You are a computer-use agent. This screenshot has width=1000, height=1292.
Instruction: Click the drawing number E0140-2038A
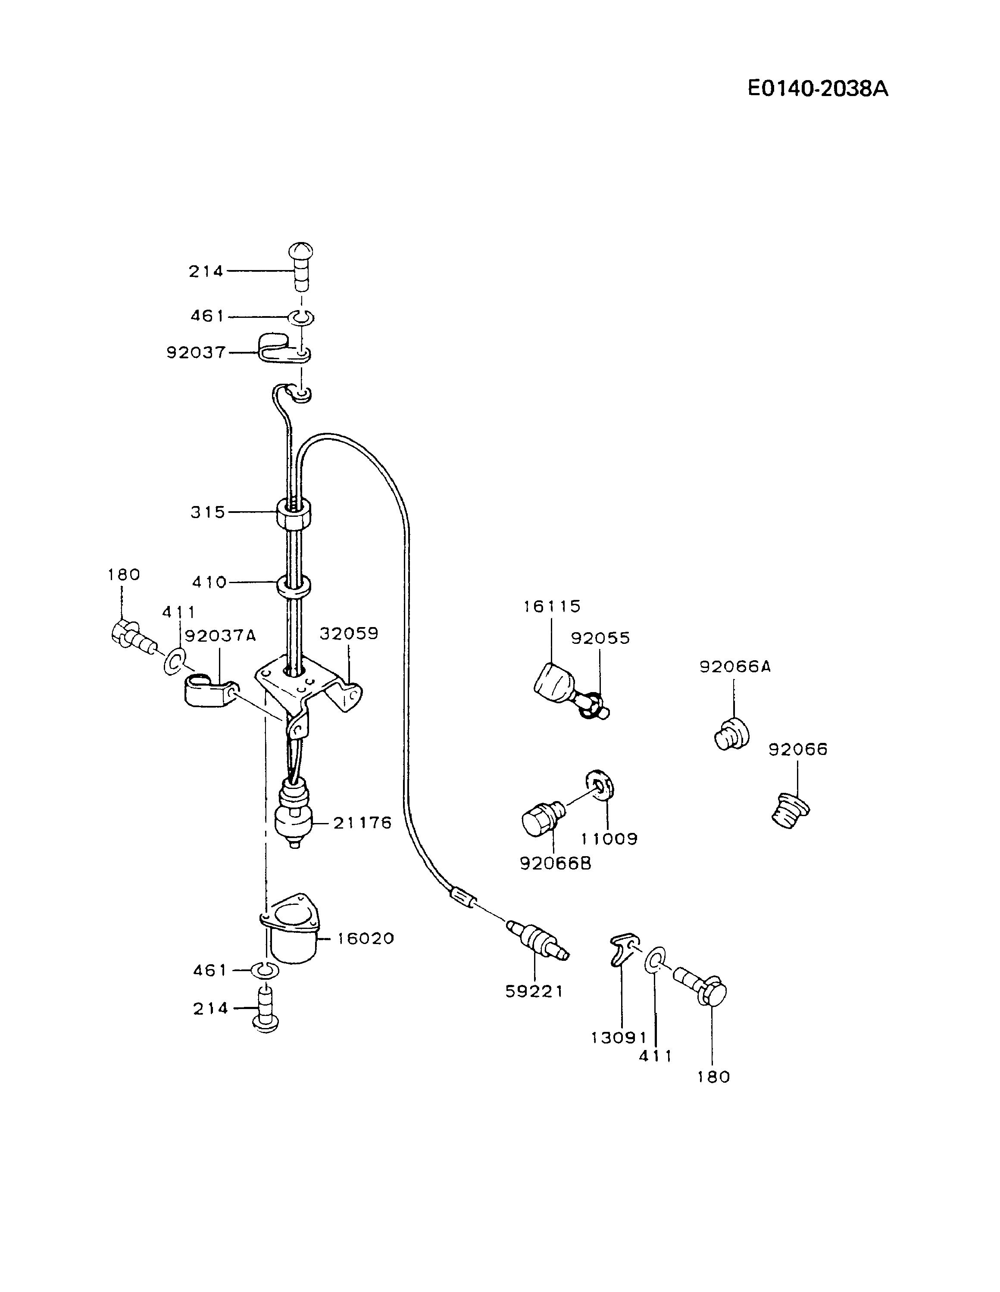pos(817,89)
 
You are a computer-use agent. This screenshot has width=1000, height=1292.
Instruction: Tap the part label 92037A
pos(220,636)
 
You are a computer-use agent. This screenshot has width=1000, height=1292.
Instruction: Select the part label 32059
pos(349,634)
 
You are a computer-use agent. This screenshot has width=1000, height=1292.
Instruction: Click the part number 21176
pos(362,823)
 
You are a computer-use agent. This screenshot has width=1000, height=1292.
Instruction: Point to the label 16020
pos(366,938)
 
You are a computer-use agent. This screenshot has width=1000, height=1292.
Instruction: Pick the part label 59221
pos(534,991)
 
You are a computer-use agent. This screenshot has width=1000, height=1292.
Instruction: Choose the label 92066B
pos(555,863)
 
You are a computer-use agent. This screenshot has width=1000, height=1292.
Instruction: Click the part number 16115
pos(552,606)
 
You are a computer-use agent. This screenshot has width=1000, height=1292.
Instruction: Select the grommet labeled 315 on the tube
pos(294,512)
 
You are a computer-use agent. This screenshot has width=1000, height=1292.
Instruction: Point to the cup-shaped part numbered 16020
pos(290,933)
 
